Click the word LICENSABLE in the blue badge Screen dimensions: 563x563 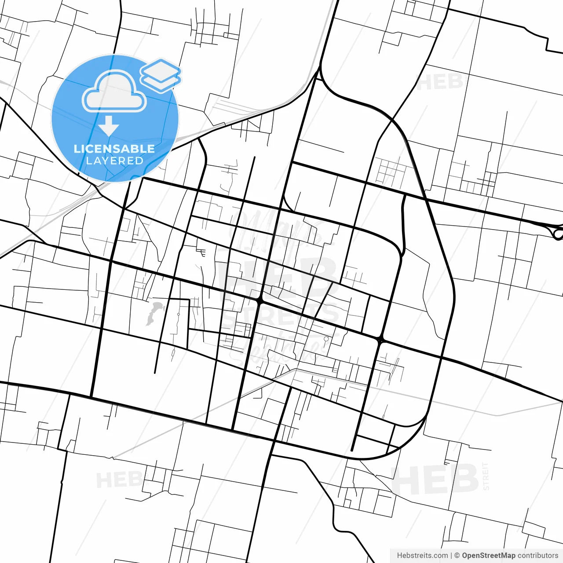pyautogui.click(x=114, y=149)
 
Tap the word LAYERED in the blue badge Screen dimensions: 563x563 pyautogui.click(x=114, y=161)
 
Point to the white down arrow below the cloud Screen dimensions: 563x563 pyautogui.click(x=109, y=126)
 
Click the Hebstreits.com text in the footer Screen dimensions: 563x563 pyautogui.click(x=422, y=556)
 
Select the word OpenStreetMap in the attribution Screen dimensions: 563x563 pyautogui.click(x=488, y=556)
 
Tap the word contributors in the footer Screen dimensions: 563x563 pyautogui.click(x=537, y=556)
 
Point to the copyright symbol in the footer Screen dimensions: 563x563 pyautogui.click(x=457, y=556)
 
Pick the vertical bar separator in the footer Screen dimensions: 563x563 pyautogui.click(x=451, y=556)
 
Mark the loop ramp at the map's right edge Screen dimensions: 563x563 pyautogui.click(x=558, y=234)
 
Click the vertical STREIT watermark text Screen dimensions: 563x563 pyautogui.click(x=486, y=476)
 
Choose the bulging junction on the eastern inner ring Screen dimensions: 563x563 pyautogui.click(x=380, y=340)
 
